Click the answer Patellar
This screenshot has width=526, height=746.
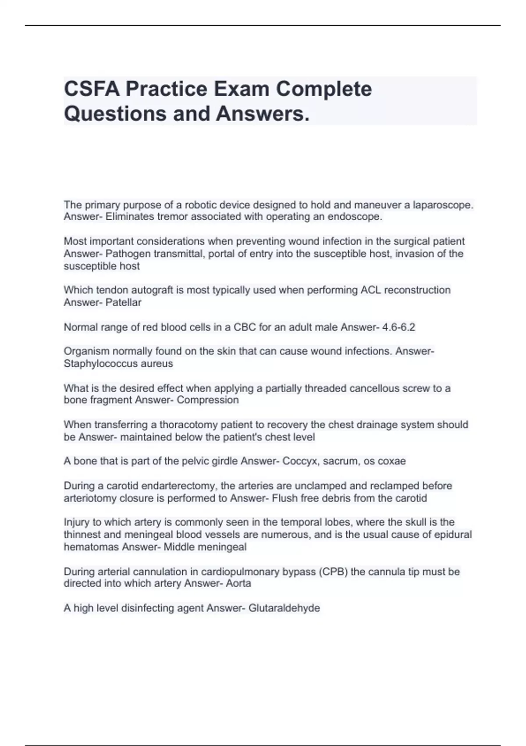coord(123,302)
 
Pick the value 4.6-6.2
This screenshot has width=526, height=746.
coord(398,327)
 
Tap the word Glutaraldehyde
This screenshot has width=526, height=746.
coord(284,608)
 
